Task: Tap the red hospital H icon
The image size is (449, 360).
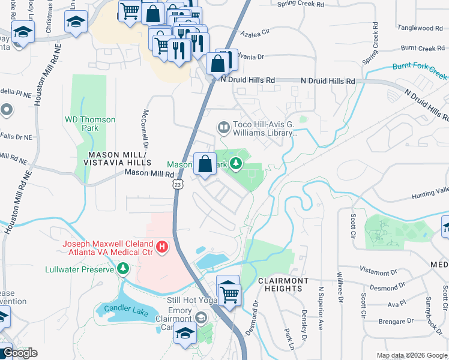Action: (x=161, y=247)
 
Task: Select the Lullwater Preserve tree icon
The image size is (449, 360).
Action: (x=123, y=269)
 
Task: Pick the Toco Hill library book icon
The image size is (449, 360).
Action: (x=223, y=127)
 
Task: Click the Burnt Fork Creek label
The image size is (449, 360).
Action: (x=420, y=71)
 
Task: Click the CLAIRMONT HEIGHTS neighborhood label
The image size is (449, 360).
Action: (x=283, y=284)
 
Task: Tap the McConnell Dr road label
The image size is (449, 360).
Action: (x=144, y=128)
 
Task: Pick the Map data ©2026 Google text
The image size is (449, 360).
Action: (x=411, y=355)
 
